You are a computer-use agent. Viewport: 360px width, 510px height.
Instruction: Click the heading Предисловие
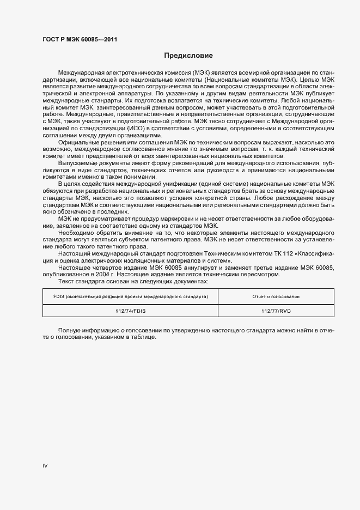point(188,56)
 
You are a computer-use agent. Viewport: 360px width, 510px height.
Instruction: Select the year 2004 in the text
point(112,274)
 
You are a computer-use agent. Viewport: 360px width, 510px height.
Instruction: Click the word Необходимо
point(75,233)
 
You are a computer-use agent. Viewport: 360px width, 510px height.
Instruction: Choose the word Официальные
point(77,142)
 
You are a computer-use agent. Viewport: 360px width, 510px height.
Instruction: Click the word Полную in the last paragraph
point(70,331)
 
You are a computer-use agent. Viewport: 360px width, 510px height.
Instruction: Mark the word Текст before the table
point(66,281)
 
